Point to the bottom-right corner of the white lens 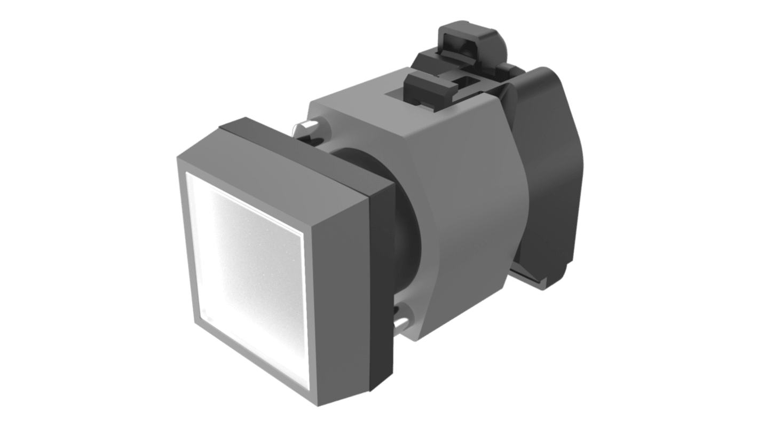[309, 388]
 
